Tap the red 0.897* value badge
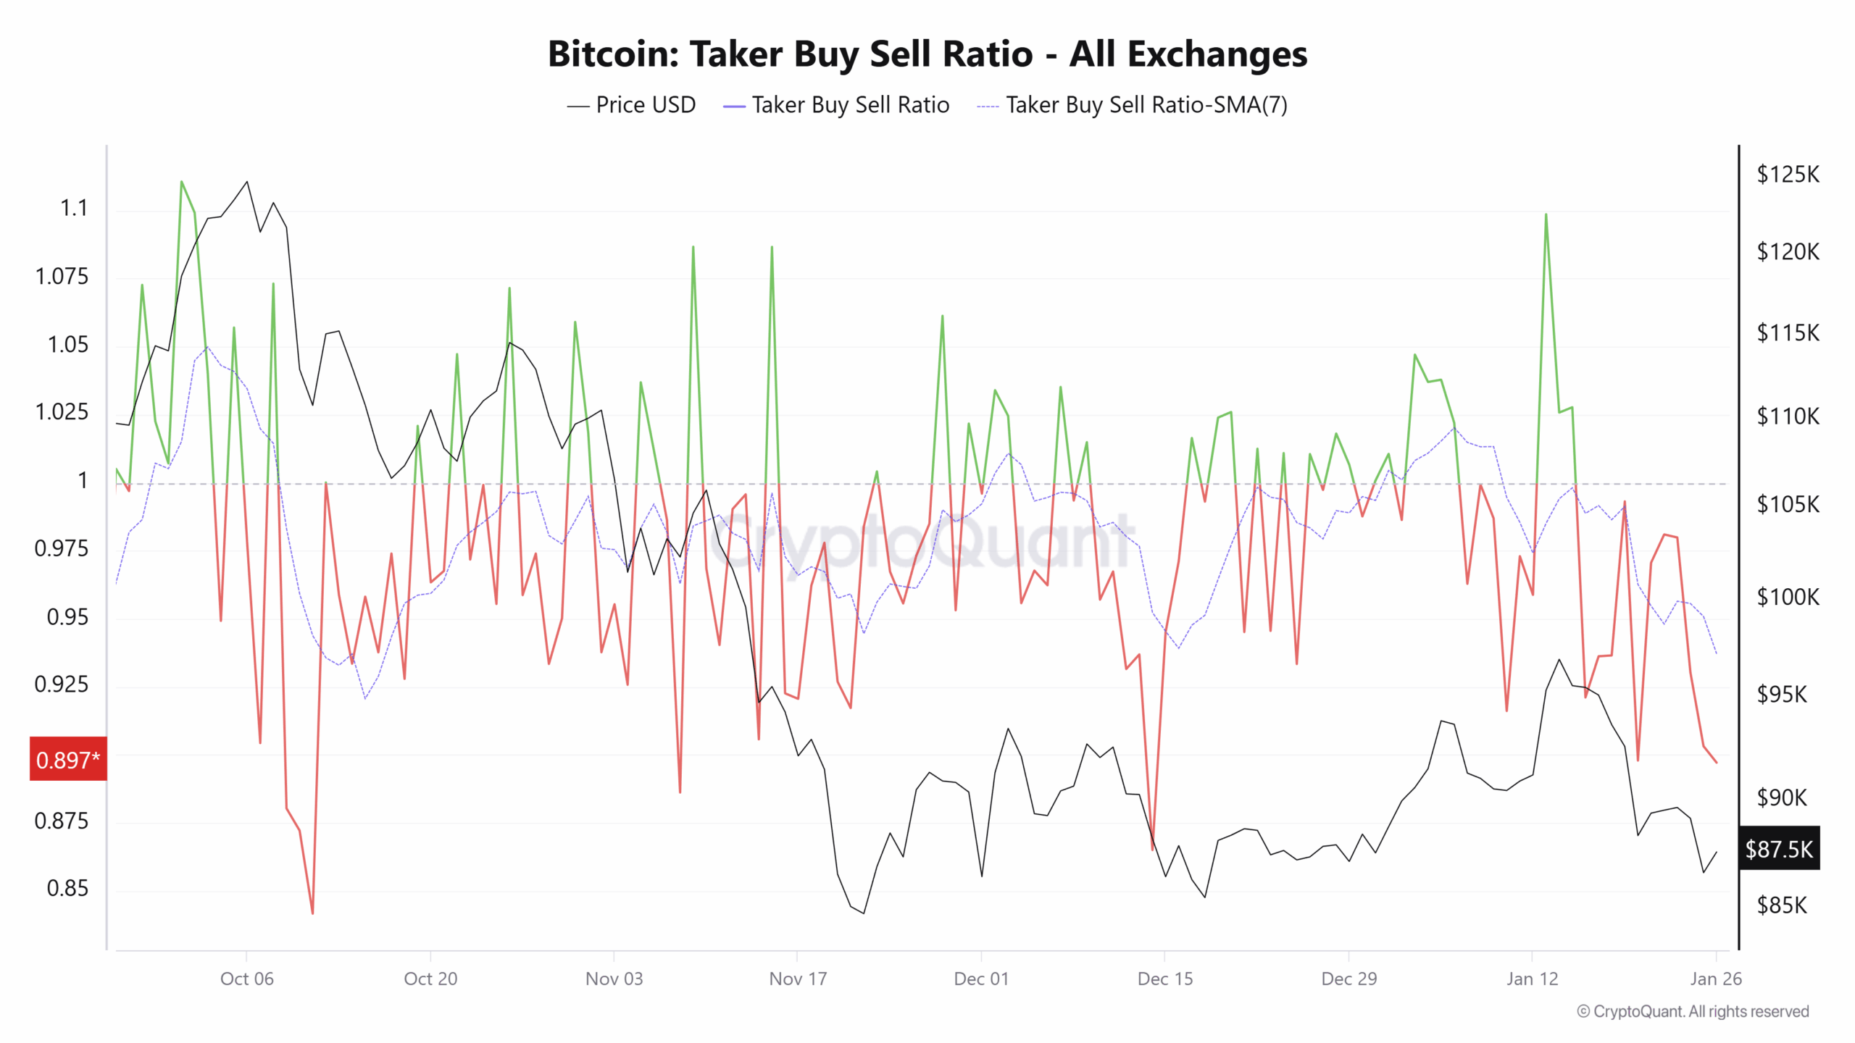[x=68, y=760]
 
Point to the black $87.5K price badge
[x=1779, y=848]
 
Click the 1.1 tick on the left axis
[x=73, y=209]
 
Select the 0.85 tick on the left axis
[x=67, y=888]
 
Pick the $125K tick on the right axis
[x=1788, y=175]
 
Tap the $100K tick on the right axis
[x=1788, y=597]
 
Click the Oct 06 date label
[x=246, y=979]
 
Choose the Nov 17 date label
[x=798, y=979]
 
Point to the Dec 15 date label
[x=1164, y=979]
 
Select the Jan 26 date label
[x=1715, y=979]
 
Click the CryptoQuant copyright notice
[x=1693, y=1011]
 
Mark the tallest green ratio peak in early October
[x=181, y=182]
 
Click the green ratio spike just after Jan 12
[x=1546, y=215]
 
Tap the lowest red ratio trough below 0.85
[x=312, y=913]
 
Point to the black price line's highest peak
[x=247, y=182]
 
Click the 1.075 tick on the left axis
[x=62, y=277]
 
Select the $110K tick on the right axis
[x=1788, y=416]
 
